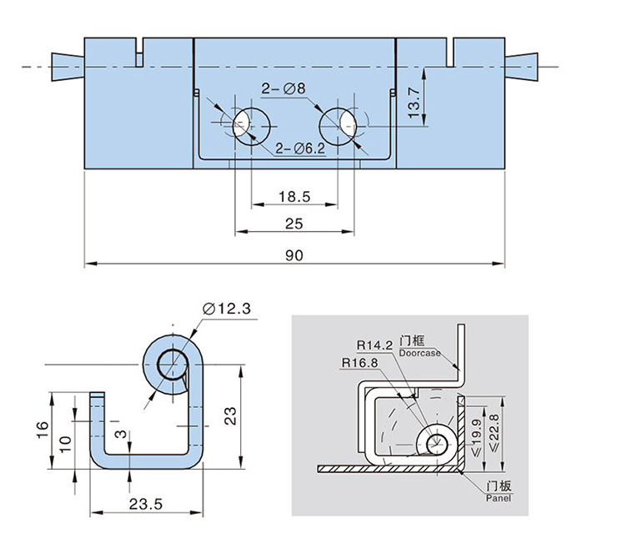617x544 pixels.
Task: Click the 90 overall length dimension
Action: tap(293, 255)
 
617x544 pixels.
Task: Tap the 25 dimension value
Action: tap(293, 223)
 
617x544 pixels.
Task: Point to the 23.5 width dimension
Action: tap(145, 504)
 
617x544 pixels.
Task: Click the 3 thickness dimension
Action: tap(122, 434)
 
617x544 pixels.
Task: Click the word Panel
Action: tap(497, 498)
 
